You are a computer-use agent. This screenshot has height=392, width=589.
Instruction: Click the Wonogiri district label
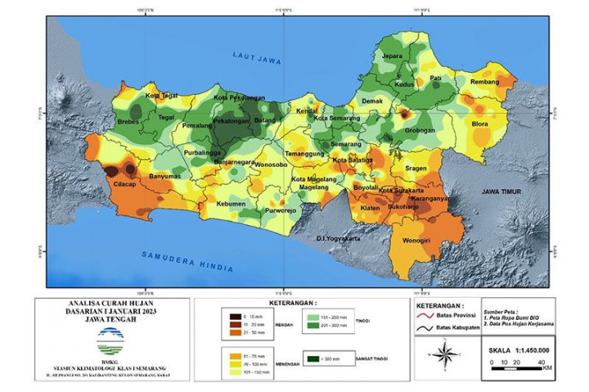click(x=418, y=241)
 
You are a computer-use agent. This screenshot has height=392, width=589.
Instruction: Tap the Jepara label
click(x=392, y=56)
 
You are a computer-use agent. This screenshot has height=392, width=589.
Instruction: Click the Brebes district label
click(x=128, y=122)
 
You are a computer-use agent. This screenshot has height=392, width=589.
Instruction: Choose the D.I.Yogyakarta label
click(x=338, y=238)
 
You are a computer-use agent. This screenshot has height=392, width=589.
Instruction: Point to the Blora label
click(x=480, y=124)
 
